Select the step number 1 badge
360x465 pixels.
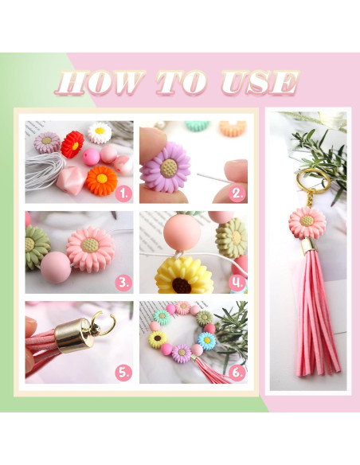123,194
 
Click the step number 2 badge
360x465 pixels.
238,194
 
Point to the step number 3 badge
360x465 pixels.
123,283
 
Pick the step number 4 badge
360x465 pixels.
237,283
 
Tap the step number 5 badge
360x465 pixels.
123,373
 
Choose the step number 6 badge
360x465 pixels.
237,373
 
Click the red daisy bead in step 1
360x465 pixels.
72,144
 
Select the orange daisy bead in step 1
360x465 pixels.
102,180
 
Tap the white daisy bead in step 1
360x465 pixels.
100,132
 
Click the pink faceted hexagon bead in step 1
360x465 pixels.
72,180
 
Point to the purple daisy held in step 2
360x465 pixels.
165,167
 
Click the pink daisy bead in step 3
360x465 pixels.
91,249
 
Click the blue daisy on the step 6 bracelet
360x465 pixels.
207,341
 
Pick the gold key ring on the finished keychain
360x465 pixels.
313,182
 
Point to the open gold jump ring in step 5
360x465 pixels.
103,323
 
